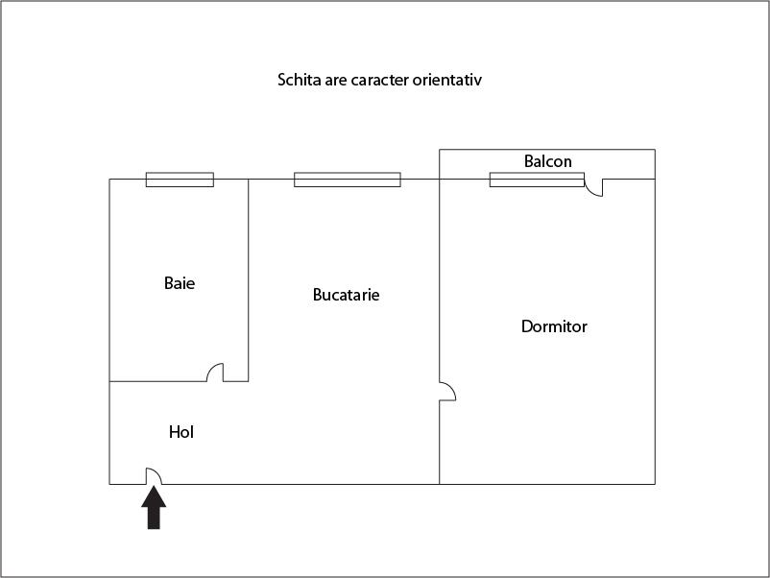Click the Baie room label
(180, 283)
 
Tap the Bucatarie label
(347, 295)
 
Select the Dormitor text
(554, 326)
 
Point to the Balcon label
(547, 161)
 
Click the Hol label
(181, 432)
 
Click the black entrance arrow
(154, 507)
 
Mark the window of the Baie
(180, 180)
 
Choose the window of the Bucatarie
(348, 180)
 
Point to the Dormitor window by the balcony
(537, 180)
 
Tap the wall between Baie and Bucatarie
(249, 280)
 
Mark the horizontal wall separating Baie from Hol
(157, 381)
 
